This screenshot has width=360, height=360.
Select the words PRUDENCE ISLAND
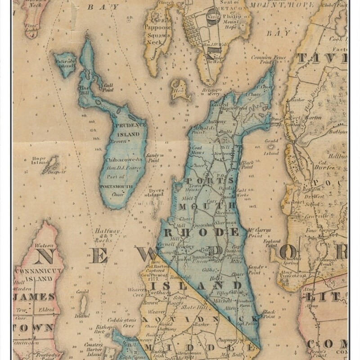coord(130,130)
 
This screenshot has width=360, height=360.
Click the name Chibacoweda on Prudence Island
coord(123,160)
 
